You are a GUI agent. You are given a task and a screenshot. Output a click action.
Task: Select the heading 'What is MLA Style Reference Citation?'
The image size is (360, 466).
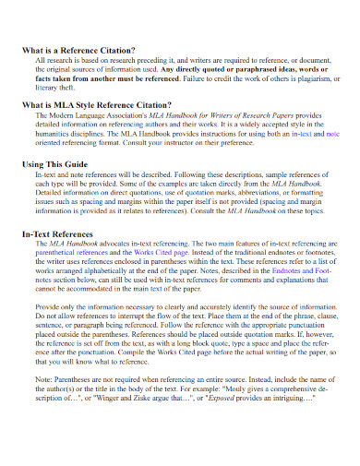[x=97, y=106]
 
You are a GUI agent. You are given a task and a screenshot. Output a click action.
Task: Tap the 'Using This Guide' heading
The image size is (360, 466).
[x=56, y=163]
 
